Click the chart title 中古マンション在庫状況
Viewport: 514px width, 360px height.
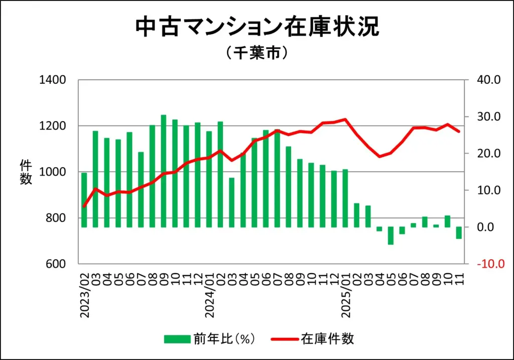pyautogui.click(x=257, y=27)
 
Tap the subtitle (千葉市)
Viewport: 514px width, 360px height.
pyautogui.click(x=256, y=53)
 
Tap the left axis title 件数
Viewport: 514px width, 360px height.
pyautogui.click(x=26, y=172)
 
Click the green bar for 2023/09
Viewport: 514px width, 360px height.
pyautogui.click(x=163, y=171)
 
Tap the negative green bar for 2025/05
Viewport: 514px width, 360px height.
pyautogui.click(x=391, y=235)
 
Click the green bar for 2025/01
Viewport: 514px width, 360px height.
pyautogui.click(x=345, y=198)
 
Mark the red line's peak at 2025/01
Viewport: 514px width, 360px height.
pyautogui.click(x=345, y=119)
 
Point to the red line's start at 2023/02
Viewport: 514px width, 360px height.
pyautogui.click(x=84, y=206)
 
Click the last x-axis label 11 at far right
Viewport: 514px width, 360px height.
pyautogui.click(x=459, y=276)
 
